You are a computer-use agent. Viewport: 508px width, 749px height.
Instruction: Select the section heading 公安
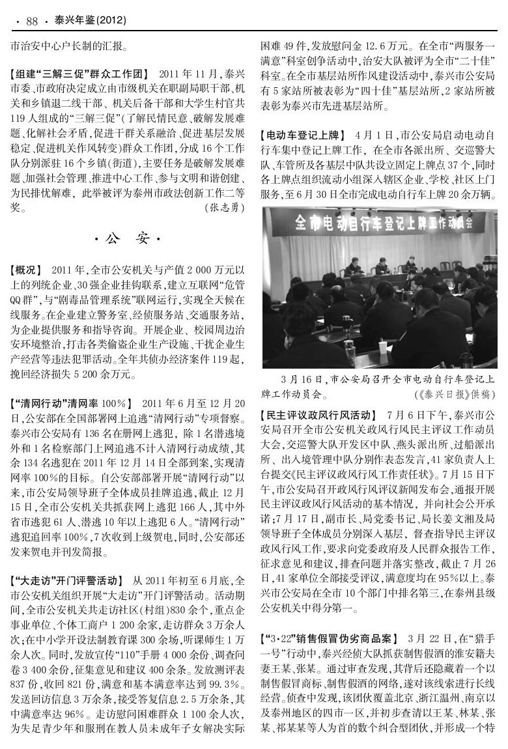coord(126,239)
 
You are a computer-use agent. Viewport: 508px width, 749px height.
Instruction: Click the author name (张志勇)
coord(225,208)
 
